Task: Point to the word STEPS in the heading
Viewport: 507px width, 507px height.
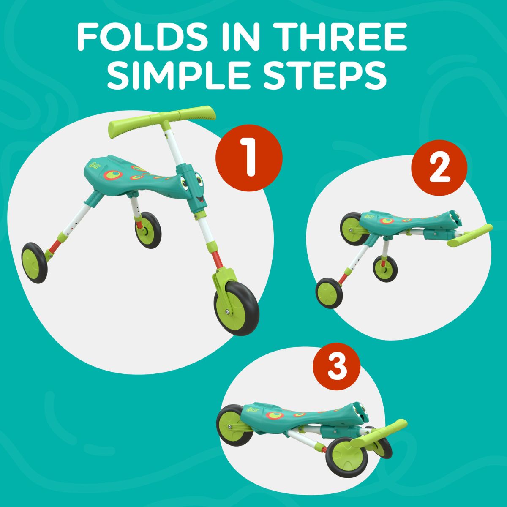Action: tap(325, 74)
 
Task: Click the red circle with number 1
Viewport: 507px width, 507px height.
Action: tap(249, 158)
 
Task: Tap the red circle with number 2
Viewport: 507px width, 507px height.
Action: tap(439, 168)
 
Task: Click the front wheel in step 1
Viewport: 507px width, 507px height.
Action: tap(236, 308)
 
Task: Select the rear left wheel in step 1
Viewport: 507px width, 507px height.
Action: tap(35, 262)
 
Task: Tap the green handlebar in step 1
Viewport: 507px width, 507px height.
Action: tap(162, 121)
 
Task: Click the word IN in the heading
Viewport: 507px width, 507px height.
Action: tap(240, 37)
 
